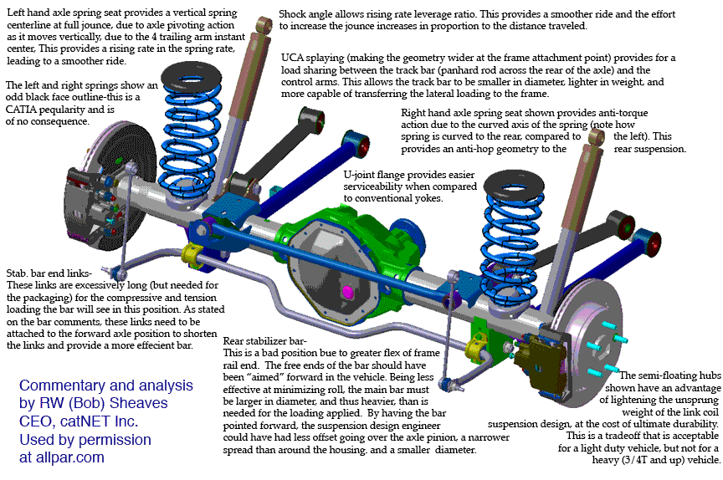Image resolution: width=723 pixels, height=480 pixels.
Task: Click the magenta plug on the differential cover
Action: [x=346, y=292]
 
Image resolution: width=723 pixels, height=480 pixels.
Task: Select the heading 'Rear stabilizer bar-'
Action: [x=264, y=341]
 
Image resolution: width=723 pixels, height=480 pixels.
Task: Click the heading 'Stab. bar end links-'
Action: [x=49, y=273]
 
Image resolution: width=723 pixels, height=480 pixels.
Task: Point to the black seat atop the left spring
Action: [x=192, y=76]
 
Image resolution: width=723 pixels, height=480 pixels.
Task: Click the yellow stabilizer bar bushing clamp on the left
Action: [x=190, y=255]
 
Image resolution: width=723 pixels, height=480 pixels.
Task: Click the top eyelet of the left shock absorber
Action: [x=264, y=24]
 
